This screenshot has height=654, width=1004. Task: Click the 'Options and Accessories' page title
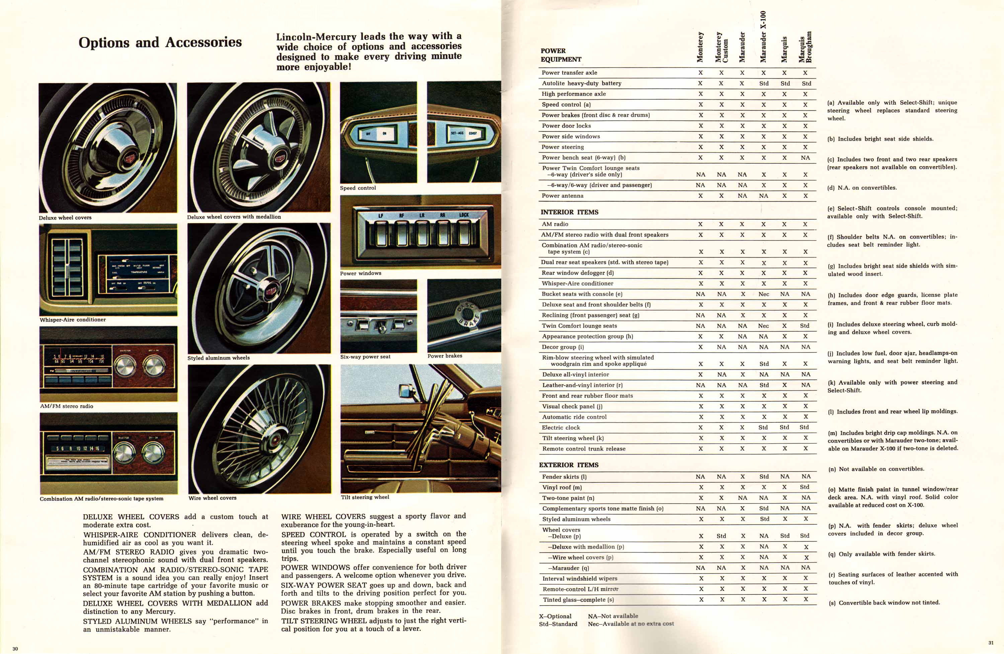pyautogui.click(x=160, y=42)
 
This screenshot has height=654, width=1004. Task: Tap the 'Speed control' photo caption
pyautogui.click(x=358, y=188)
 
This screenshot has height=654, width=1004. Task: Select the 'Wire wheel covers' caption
pyautogui.click(x=212, y=498)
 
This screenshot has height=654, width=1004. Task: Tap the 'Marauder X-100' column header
pyautogui.click(x=763, y=37)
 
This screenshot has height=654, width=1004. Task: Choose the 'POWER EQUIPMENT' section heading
pyautogui.click(x=561, y=55)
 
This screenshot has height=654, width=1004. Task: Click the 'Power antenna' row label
pyautogui.click(x=562, y=196)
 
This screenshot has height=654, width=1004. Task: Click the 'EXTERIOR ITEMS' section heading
pyautogui.click(x=569, y=465)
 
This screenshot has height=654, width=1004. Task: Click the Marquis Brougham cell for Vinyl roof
pyautogui.click(x=805, y=487)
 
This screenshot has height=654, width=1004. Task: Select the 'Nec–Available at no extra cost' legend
pyautogui.click(x=631, y=624)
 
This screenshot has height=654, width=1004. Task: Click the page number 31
pyautogui.click(x=991, y=643)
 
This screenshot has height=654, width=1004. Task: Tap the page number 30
pyautogui.click(x=15, y=649)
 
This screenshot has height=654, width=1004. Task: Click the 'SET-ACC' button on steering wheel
pyautogui.click(x=457, y=133)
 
